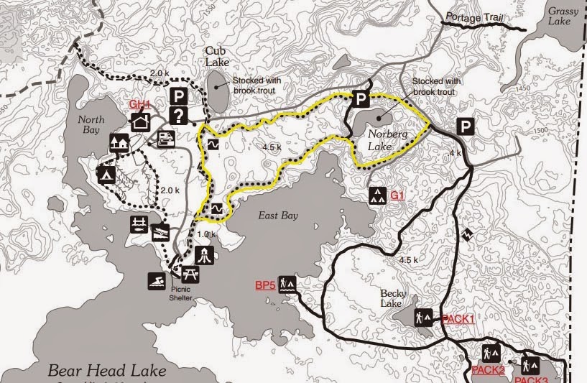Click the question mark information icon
coord(179,116)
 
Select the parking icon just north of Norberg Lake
coord(360,99)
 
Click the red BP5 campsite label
coord(265,285)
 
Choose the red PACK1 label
coord(458,318)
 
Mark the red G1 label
coord(399,195)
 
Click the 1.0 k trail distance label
coord(206,234)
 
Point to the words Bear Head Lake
coord(107,371)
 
